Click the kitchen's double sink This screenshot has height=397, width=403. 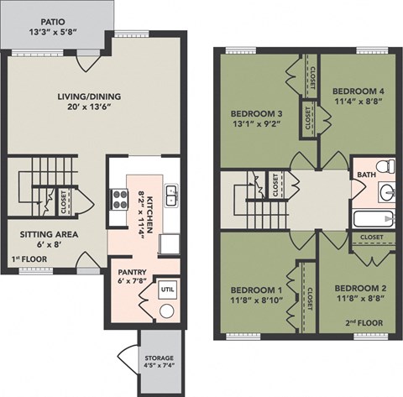[172, 196]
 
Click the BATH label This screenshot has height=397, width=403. [365, 175]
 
